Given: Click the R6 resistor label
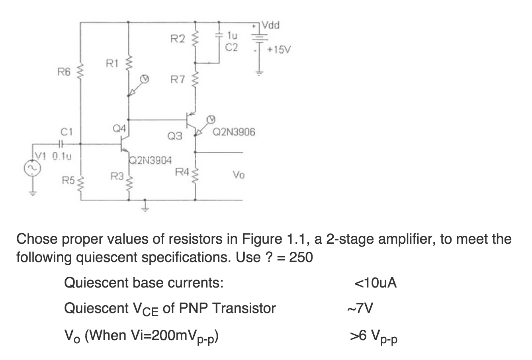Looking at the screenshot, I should click(x=64, y=72).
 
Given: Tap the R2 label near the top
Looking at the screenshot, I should click(x=178, y=39).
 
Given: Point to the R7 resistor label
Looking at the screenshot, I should click(x=178, y=80).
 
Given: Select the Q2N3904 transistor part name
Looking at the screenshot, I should click(x=151, y=161).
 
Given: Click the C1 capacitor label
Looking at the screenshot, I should click(x=66, y=131).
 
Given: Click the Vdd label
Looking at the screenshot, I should click(x=271, y=26).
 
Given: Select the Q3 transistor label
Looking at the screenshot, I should click(x=174, y=137).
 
